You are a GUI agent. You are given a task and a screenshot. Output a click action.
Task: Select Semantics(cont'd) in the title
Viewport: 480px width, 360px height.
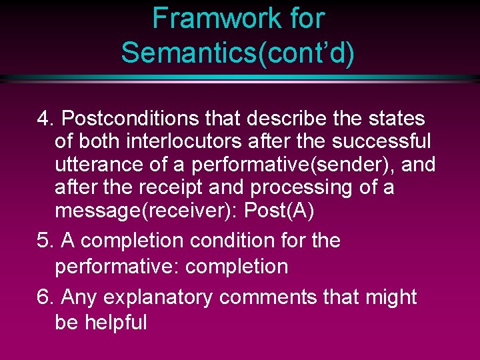click(x=238, y=51)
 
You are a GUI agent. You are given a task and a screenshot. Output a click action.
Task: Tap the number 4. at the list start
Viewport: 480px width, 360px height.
click(x=46, y=119)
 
